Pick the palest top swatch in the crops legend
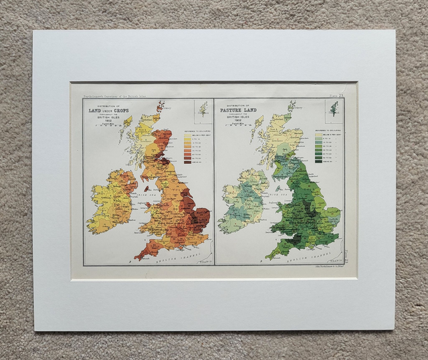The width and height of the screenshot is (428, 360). pos(188,135)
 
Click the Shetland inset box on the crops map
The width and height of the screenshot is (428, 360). pos(202,108)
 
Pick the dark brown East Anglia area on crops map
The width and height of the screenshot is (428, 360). pos(200,215)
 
